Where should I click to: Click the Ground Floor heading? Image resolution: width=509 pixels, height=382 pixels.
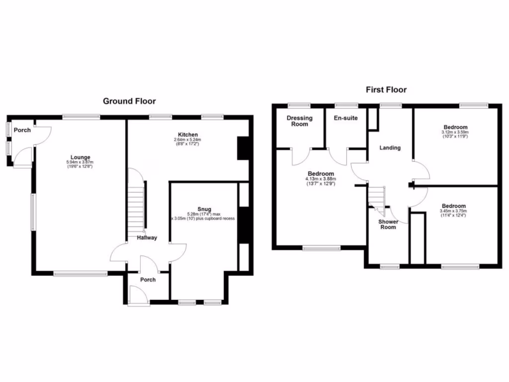(x=129, y=101)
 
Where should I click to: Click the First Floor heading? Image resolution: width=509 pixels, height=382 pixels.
(x=386, y=90)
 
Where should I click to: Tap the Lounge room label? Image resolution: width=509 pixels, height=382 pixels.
(x=80, y=157)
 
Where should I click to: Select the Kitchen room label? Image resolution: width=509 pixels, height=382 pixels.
(x=188, y=134)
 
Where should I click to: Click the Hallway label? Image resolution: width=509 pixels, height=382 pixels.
(x=147, y=238)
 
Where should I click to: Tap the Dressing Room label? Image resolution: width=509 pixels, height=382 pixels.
(x=300, y=121)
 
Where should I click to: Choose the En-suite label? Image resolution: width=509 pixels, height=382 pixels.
(x=346, y=118)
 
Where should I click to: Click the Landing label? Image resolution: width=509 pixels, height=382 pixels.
(x=390, y=147)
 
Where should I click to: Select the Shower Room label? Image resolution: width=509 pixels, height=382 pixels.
(x=388, y=224)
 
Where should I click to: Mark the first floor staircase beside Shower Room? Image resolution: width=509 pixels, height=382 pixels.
(x=377, y=196)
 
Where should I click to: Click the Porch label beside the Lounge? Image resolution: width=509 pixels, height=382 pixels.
(x=22, y=130)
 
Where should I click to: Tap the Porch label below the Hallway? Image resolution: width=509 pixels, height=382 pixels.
(x=148, y=280)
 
